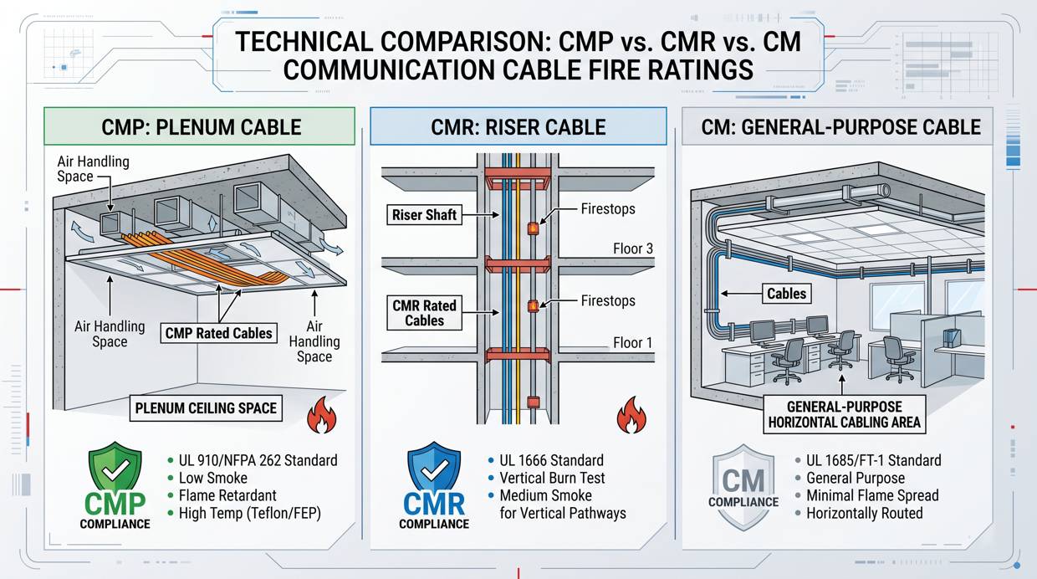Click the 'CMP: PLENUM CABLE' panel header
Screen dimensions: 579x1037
click(202, 127)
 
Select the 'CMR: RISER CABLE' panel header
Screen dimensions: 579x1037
click(518, 127)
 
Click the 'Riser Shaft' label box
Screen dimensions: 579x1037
click(424, 215)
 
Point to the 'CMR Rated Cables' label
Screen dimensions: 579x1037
click(424, 313)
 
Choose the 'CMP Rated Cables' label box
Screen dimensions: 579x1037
click(218, 333)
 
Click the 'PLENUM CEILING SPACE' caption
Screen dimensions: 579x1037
click(206, 409)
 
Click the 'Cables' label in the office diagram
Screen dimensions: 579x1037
click(787, 293)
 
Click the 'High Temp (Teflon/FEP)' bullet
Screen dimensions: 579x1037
click(249, 513)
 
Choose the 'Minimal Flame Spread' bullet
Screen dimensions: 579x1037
click(871, 495)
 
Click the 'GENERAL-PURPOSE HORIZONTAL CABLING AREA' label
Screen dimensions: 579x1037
click(845, 414)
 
